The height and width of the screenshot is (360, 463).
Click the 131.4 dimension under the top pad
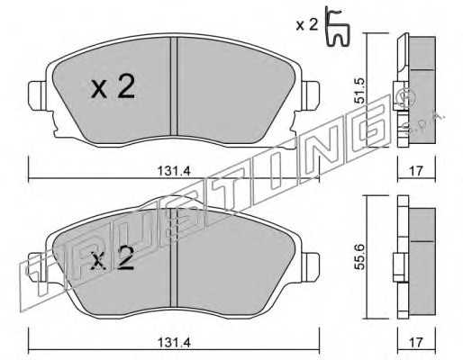pos(174,171)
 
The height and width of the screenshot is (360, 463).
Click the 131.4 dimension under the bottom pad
pos(174,342)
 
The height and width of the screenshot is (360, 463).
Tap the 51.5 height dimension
pos(359,91)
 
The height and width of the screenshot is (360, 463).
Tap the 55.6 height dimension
pos(359,256)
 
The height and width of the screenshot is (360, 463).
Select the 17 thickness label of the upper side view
pos(416,171)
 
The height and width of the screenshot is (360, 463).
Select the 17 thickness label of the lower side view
pos(416,342)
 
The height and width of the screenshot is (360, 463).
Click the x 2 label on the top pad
pos(113,87)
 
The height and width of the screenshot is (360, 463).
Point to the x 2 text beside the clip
pos(306,25)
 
